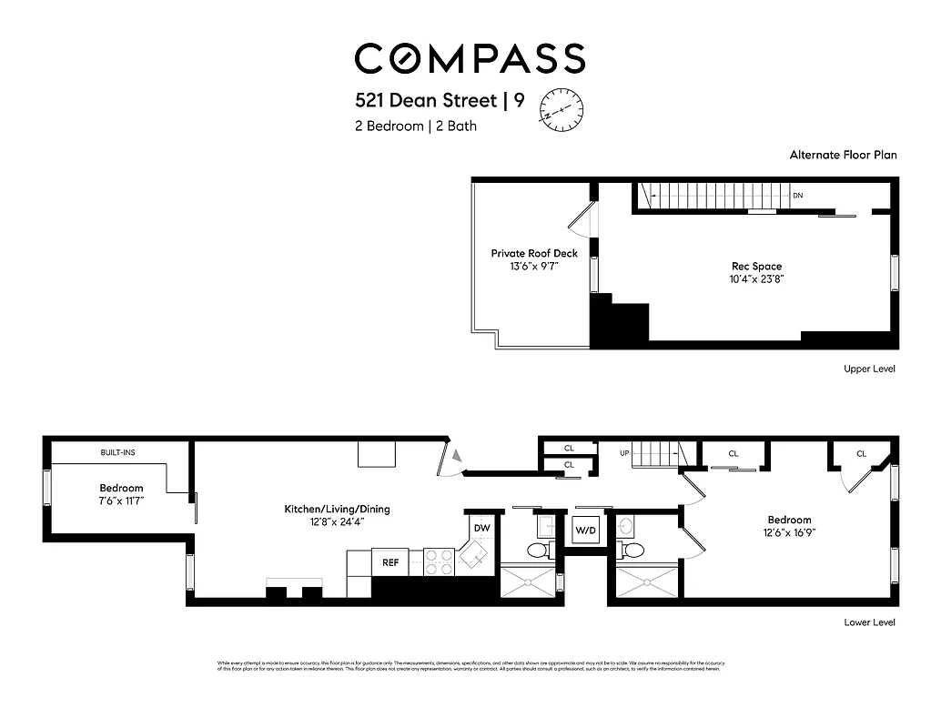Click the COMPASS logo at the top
pos(470,58)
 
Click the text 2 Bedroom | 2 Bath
pos(416,126)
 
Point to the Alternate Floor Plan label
pos(843,155)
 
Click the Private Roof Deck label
pos(534,253)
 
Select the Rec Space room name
pos(757,266)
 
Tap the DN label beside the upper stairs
pos(798,196)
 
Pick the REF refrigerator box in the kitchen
pos(390,562)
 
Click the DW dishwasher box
pos(481,528)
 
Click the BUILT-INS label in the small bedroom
pos(118,452)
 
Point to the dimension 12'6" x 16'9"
pos(788,533)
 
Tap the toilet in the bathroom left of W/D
pos(537,550)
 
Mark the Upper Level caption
pos(868,369)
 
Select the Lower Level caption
pos(868,622)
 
